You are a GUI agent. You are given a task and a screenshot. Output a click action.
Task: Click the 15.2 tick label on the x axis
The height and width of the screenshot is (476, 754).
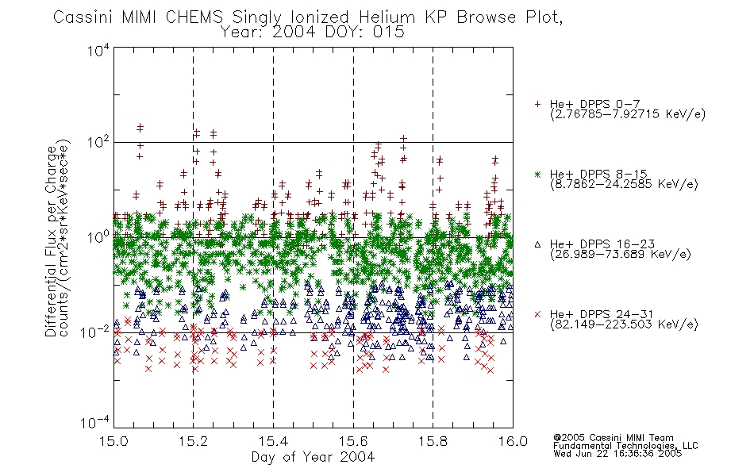pyautogui.click(x=193, y=441)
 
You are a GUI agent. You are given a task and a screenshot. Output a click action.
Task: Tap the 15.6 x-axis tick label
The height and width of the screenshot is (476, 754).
pyautogui.click(x=353, y=441)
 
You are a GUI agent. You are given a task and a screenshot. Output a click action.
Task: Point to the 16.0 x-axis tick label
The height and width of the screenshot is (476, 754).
pyautogui.click(x=513, y=441)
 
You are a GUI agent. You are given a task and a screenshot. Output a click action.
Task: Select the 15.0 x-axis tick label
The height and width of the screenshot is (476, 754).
pyautogui.click(x=113, y=441)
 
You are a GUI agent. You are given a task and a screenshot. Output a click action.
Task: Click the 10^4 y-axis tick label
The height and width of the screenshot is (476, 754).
pyautogui.click(x=98, y=50)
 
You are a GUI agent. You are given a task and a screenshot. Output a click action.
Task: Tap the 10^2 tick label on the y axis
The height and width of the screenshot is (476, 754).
pyautogui.click(x=98, y=143)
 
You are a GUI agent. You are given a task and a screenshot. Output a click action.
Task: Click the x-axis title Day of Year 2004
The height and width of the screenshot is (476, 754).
pyautogui.click(x=313, y=457)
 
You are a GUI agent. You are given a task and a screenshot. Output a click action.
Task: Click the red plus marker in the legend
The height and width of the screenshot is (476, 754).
pyautogui.click(x=537, y=104)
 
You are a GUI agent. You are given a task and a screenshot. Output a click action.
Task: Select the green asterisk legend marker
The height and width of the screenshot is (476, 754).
pyautogui.click(x=537, y=175)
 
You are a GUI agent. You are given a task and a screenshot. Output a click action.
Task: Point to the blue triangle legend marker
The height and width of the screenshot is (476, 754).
pyautogui.click(x=537, y=244)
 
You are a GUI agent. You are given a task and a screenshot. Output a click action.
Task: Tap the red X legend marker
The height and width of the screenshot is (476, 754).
pyautogui.click(x=537, y=314)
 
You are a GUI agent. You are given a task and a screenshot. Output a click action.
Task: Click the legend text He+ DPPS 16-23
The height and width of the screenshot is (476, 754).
pyautogui.click(x=602, y=244)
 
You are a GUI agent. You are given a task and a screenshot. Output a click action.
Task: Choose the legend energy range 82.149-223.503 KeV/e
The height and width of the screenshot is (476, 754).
pyautogui.click(x=624, y=324)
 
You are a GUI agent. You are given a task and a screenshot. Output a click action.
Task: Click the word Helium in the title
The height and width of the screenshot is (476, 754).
pyautogui.click(x=387, y=17)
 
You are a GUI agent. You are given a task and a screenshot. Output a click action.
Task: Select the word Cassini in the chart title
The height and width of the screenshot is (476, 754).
pyautogui.click(x=83, y=17)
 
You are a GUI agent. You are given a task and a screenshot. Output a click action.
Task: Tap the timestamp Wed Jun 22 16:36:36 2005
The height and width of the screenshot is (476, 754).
pyautogui.click(x=617, y=454)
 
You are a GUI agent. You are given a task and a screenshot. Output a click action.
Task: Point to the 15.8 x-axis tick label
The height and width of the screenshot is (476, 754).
pyautogui.click(x=433, y=441)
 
